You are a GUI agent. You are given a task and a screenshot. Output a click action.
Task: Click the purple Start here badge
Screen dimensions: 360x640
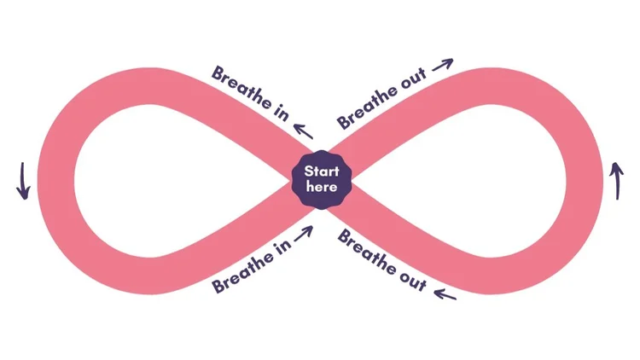pos(321,179)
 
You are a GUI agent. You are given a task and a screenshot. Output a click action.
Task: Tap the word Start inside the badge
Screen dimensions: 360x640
pos(321,171)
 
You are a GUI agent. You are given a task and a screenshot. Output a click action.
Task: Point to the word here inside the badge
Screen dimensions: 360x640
pos(321,187)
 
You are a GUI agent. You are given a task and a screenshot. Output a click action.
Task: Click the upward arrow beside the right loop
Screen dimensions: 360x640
pos(616,180)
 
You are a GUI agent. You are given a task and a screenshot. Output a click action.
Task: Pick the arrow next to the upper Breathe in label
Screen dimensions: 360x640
pos(302,129)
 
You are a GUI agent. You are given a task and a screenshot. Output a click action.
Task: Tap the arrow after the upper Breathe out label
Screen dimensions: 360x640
pos(442,65)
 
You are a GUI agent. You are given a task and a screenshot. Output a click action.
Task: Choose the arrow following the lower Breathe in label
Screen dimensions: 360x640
pos(302,231)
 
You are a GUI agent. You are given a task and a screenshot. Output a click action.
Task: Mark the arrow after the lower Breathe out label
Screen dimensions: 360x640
pos(444,295)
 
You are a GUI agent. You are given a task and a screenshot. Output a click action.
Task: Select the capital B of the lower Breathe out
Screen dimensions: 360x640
pos(343,235)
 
